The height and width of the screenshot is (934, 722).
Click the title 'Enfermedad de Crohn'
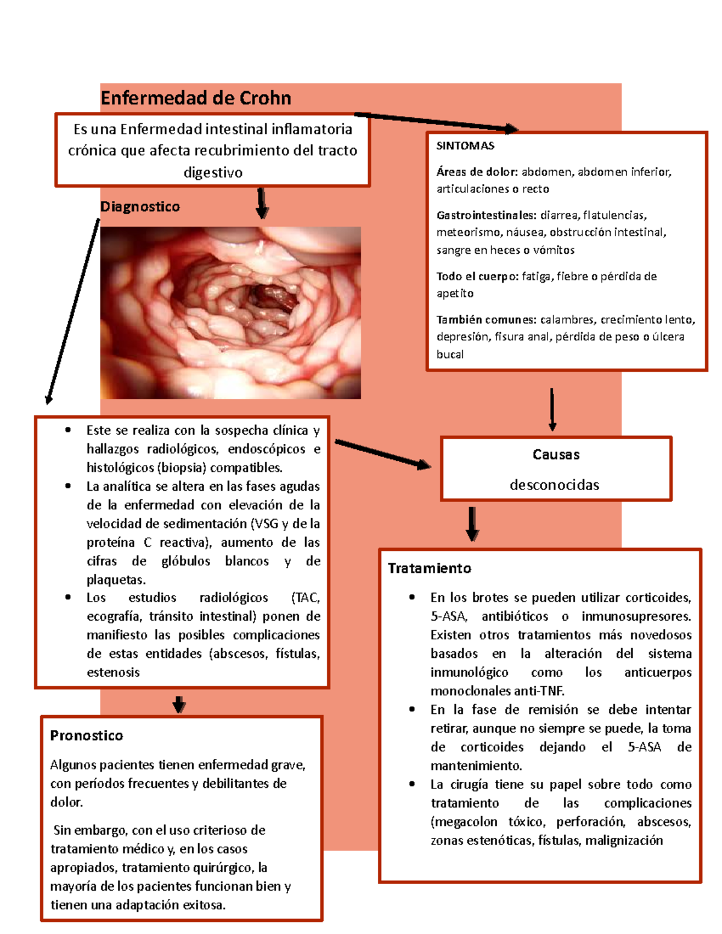click(196, 98)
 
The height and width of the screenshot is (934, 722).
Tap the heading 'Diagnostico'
click(140, 207)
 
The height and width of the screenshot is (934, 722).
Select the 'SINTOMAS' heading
click(465, 146)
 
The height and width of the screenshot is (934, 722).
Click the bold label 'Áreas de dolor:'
click(477, 172)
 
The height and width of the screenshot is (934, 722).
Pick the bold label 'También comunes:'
click(486, 320)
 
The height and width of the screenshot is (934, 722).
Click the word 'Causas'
click(556, 455)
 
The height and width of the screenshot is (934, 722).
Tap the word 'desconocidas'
click(554, 485)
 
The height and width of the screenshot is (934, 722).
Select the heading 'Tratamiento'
click(429, 568)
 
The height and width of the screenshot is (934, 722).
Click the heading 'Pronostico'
click(87, 736)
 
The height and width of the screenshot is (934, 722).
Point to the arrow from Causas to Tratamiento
click(472, 524)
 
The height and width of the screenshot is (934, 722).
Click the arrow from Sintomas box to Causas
click(552, 410)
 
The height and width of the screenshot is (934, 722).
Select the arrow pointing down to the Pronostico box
click(179, 704)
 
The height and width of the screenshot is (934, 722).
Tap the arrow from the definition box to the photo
click(262, 203)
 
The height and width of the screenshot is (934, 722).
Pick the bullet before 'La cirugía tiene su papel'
click(412, 784)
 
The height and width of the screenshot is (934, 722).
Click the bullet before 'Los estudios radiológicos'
click(68, 597)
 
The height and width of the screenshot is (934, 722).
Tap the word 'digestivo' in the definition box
click(213, 173)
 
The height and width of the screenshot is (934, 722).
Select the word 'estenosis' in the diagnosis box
click(113, 672)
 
